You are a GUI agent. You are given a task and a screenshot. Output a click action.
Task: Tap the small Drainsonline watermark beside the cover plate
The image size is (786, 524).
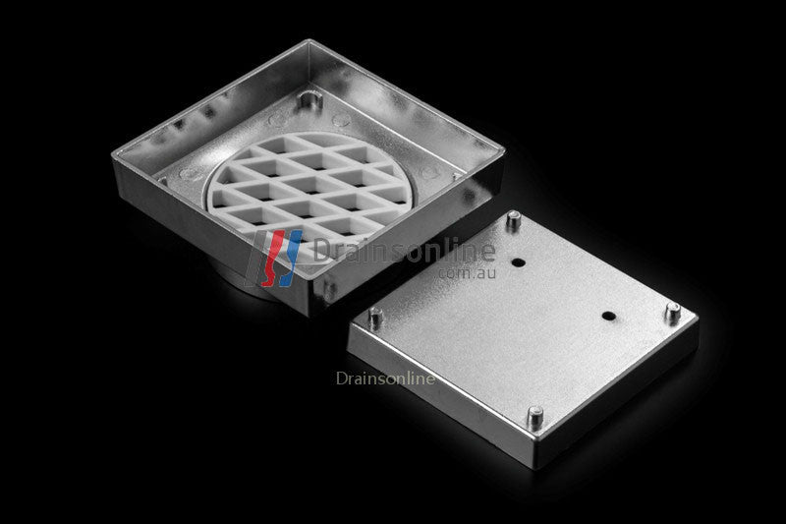[x=385, y=377]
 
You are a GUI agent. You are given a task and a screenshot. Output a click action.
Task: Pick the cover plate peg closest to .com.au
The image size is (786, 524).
[x=512, y=221]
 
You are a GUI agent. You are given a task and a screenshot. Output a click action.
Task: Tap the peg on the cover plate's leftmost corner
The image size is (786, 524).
[x=375, y=318]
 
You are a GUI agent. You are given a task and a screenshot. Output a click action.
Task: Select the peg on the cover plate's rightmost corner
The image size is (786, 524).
[x=672, y=313]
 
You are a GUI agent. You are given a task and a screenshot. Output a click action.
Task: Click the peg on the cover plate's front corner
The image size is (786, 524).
[x=535, y=416]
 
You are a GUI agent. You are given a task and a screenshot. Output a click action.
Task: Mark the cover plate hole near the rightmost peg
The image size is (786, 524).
[x=608, y=317]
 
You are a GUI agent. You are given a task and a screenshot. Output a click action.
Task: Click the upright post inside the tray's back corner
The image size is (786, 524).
[x=310, y=101]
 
